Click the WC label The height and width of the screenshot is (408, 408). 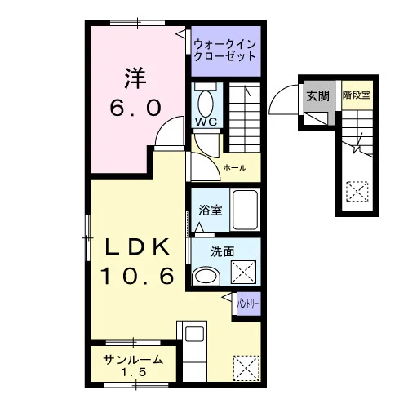point(206,122)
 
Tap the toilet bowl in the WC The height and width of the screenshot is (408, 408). point(206,104)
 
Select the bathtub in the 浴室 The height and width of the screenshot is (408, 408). point(245,210)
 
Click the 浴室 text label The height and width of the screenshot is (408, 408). point(211,211)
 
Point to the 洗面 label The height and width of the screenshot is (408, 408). point(223,252)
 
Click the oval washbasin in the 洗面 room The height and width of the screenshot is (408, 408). point(206,276)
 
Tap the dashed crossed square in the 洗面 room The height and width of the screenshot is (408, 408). point(243,273)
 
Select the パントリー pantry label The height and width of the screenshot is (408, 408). point(248,304)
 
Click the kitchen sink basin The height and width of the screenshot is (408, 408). point(194,334)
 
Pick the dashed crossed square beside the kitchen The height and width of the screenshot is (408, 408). point(246,368)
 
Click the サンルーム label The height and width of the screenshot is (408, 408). point(133,360)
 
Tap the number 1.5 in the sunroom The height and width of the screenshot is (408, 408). point(134,372)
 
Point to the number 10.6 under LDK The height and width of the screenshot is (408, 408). point(137,276)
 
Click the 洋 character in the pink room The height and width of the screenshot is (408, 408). point(135,79)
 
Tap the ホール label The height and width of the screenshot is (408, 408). point(235,167)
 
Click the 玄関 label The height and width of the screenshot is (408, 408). point(318,96)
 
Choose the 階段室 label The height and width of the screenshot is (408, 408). point(357,95)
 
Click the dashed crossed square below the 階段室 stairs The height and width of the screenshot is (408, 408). point(357,192)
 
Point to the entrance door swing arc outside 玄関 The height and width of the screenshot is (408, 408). point(277,92)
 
